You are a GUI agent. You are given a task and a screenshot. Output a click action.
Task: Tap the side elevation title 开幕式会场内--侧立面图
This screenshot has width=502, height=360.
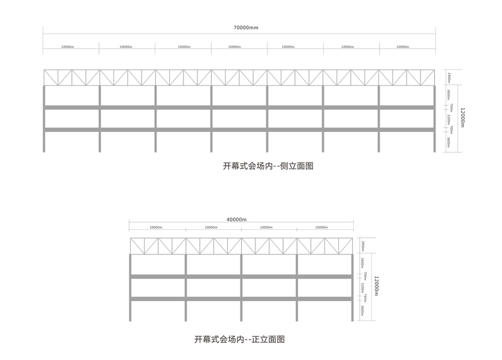[x=268, y=166]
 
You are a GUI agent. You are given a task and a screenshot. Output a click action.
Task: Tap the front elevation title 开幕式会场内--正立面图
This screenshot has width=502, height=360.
[x=239, y=339]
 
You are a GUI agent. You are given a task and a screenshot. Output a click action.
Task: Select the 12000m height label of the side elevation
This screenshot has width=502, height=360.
[x=462, y=118]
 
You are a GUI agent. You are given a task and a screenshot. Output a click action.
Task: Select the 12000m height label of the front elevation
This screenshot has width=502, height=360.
[x=376, y=286]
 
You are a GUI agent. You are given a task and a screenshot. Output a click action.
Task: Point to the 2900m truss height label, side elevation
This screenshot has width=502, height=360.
[x=449, y=77]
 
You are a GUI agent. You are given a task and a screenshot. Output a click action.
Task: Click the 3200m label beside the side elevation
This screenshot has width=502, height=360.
[x=449, y=119]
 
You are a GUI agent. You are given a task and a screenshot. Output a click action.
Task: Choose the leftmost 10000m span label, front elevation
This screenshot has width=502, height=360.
[x=157, y=227]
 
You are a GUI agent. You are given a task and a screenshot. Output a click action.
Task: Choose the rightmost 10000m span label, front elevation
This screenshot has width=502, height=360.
[x=324, y=227]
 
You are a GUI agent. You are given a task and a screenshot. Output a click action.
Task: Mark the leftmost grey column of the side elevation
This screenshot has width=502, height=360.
[x=44, y=118]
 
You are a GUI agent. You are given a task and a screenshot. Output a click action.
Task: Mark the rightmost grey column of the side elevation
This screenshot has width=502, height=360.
[x=435, y=118]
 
